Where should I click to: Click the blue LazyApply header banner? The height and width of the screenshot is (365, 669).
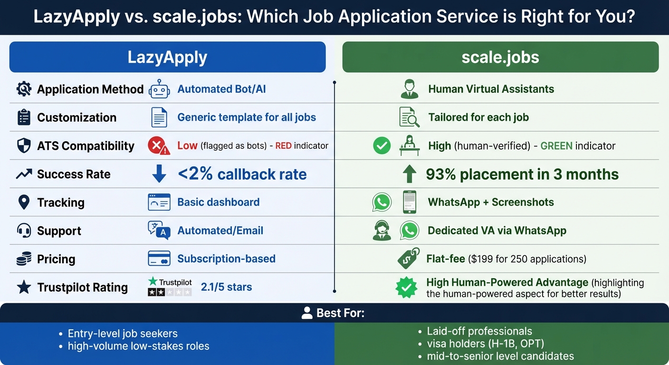167,57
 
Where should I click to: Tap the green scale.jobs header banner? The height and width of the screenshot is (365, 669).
500,57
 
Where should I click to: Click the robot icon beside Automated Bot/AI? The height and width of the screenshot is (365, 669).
159,89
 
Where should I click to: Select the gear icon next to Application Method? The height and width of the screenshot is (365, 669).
24,89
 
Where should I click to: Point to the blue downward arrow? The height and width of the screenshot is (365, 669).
159,174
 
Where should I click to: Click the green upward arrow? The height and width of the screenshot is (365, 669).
409,174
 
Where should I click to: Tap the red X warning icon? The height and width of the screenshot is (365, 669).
159,146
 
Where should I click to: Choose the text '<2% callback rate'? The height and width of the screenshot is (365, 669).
242,174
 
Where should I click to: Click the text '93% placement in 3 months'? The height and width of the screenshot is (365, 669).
522,174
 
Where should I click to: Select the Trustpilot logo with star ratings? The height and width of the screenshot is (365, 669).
170,287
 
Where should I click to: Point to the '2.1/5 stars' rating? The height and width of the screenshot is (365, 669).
226,287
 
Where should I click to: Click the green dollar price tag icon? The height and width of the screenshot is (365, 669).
408,259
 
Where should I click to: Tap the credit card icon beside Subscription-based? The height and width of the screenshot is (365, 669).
159,259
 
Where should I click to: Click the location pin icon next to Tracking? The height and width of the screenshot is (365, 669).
23,202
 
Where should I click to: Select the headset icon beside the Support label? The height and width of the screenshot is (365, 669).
24,231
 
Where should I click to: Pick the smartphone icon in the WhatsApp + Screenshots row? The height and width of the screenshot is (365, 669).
409,202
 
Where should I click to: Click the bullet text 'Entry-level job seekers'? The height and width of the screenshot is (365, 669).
123,334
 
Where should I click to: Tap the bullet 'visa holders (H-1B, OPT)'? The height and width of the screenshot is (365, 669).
485,344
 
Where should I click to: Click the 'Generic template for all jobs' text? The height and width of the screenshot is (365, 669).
247,117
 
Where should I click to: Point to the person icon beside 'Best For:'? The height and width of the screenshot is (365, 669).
307,313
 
